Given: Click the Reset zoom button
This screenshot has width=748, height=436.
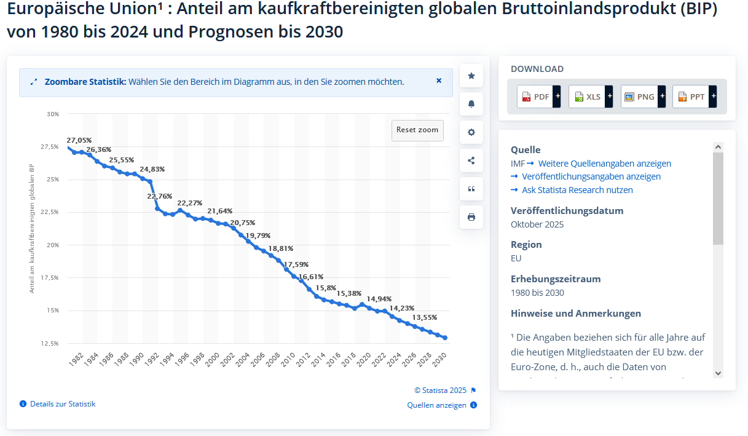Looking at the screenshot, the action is click(x=417, y=130).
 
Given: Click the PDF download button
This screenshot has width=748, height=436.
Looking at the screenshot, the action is click(x=538, y=97).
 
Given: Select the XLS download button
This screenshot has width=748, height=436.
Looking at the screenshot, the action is click(x=591, y=97).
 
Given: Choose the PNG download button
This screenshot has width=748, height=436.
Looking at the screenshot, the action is click(x=643, y=97).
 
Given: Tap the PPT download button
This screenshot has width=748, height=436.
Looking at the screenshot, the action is click(x=695, y=97).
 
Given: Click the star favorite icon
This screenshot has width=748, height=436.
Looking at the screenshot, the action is click(x=471, y=76).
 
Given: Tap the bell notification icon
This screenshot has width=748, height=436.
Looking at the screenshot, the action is click(x=471, y=104).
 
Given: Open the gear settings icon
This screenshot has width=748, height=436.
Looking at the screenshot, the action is click(x=471, y=132).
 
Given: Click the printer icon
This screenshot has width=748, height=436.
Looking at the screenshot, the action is click(x=471, y=217).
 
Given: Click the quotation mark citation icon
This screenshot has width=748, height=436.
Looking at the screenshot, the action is click(x=471, y=189).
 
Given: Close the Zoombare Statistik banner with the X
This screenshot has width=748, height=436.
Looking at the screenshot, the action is click(x=439, y=81).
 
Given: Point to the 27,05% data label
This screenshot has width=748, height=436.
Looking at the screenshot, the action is click(x=79, y=140).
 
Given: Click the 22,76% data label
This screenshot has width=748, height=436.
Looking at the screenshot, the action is click(x=160, y=196).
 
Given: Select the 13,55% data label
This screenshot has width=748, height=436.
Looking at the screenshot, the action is click(x=425, y=317).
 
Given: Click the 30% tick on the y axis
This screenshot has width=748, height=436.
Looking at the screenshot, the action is click(x=53, y=114).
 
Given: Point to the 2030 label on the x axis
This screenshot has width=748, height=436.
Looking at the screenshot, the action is click(x=439, y=360).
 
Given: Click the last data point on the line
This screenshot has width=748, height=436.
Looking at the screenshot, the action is click(x=445, y=338).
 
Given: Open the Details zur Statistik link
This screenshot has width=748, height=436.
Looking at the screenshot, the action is click(x=63, y=404).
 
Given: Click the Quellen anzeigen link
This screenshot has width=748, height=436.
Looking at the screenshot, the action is click(x=436, y=405).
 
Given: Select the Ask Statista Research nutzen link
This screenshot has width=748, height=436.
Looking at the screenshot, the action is click(x=577, y=190).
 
